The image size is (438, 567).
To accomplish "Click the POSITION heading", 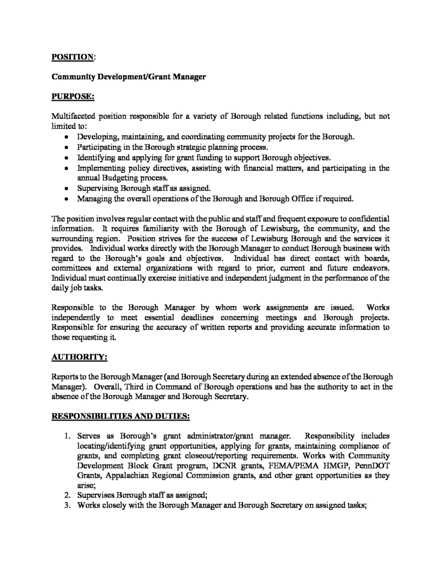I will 72,56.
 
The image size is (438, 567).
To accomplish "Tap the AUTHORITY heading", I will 79,357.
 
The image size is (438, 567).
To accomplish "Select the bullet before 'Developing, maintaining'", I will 67,137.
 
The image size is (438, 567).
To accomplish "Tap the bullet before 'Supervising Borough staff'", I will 67,188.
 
